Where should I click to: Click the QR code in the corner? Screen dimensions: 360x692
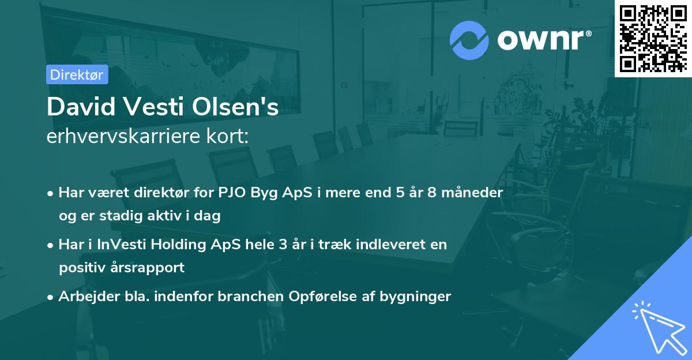point(653,38)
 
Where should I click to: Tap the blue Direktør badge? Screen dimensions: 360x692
point(77,74)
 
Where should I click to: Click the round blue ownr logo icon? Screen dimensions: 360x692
point(469,40)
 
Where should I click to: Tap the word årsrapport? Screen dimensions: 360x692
point(149,268)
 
